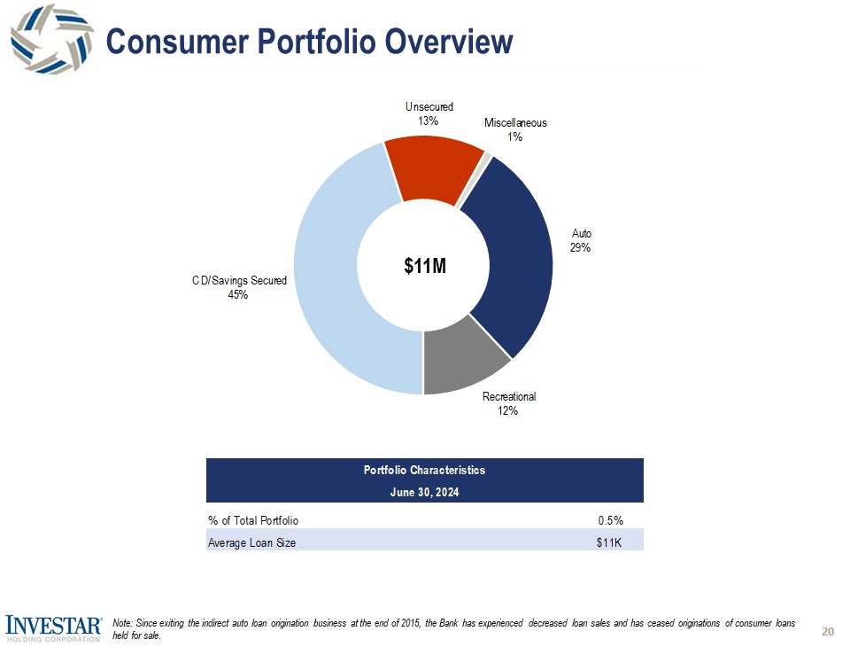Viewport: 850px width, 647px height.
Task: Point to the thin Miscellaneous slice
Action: click(486, 159)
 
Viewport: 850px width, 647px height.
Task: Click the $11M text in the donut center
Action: click(424, 265)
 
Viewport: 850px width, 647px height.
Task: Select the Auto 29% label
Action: click(581, 241)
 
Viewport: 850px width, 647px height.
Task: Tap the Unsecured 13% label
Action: click(429, 113)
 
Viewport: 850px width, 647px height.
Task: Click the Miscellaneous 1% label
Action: click(515, 129)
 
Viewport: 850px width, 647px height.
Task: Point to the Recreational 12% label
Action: click(509, 403)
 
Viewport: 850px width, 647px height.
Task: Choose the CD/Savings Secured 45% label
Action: click(239, 288)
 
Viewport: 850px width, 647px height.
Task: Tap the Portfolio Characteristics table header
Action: click(424, 470)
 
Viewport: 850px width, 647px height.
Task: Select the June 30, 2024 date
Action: click(424, 491)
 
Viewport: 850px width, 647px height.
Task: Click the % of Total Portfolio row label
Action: click(253, 519)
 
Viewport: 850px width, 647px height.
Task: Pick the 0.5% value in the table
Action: click(609, 519)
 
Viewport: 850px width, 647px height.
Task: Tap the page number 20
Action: click(828, 631)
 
